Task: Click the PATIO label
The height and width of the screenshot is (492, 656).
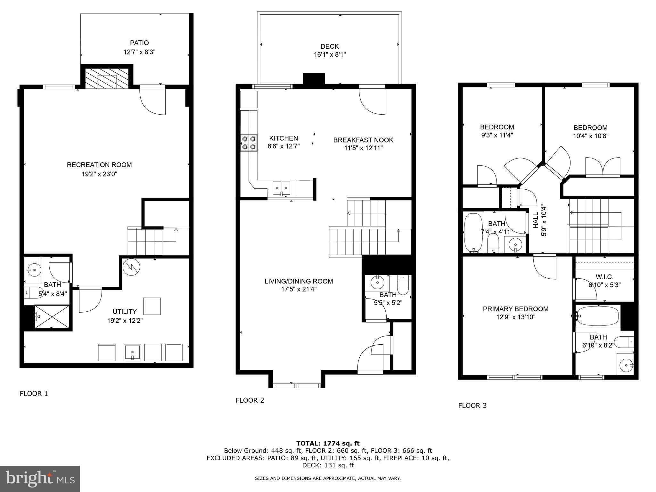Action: [x=139, y=43]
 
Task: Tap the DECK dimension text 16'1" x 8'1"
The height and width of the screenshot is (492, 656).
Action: [x=330, y=55]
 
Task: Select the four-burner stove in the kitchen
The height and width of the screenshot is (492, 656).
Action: [x=249, y=143]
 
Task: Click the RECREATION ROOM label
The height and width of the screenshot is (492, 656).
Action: [x=99, y=165]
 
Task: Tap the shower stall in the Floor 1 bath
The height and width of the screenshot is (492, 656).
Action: [x=52, y=316]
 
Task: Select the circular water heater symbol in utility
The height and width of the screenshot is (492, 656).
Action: [x=132, y=267]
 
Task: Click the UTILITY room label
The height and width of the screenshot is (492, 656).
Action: [x=125, y=312]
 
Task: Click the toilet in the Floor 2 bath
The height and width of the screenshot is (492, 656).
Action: [x=403, y=285]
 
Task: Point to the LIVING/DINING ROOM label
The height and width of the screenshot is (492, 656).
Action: [x=299, y=281]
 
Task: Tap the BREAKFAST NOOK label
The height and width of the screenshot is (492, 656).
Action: [x=363, y=140]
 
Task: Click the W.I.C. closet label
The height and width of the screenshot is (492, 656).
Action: [x=604, y=277]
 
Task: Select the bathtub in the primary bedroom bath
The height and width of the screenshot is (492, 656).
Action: [x=598, y=316]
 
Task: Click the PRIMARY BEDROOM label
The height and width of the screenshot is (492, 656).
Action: [x=515, y=309]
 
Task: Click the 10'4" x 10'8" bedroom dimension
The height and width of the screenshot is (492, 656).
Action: [x=590, y=136]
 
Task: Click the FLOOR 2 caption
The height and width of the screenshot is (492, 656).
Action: [x=250, y=400]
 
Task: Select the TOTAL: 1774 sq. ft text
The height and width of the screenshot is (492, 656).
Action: [x=328, y=444]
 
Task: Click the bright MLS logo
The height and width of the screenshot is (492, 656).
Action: [x=40, y=479]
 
